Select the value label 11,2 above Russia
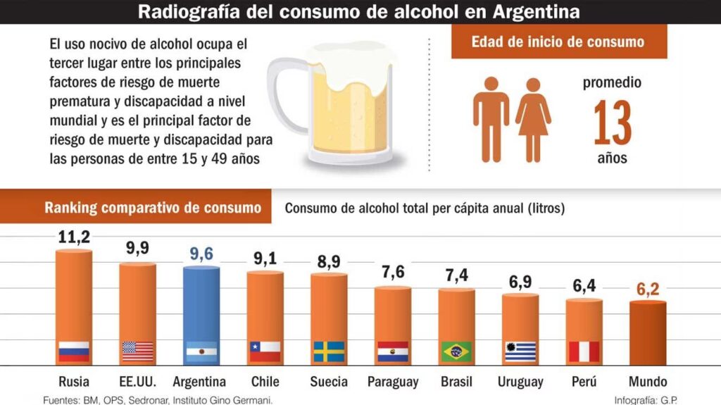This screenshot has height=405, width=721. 74,238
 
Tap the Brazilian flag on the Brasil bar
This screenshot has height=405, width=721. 456,351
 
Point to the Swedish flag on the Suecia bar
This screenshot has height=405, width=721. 329,351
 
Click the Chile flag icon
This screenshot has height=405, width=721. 265,351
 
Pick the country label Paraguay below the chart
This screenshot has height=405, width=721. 393,382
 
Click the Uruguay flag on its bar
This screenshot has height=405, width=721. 520,351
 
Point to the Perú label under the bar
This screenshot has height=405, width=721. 584,382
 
